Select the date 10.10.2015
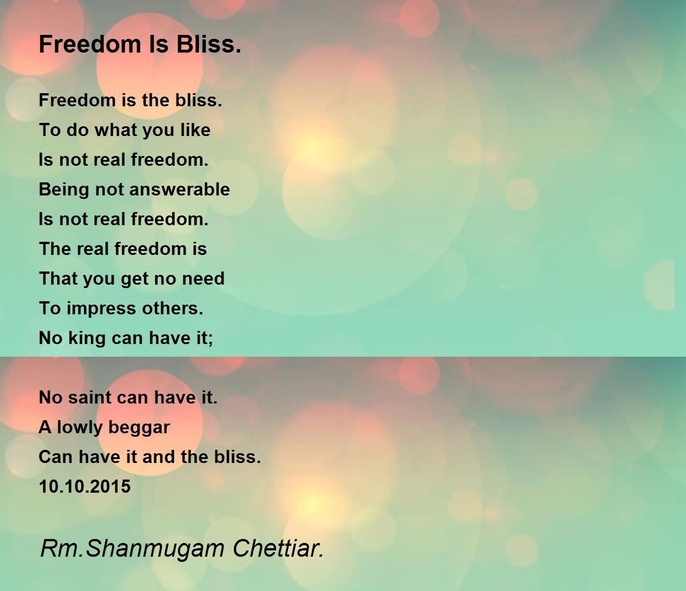tap(85, 487)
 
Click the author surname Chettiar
tap(278, 549)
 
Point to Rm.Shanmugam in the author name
tap(133, 549)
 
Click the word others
tap(177, 309)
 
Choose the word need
tap(203, 279)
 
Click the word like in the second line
tap(195, 130)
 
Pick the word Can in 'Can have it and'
tap(55, 457)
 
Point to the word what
tap(111, 130)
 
